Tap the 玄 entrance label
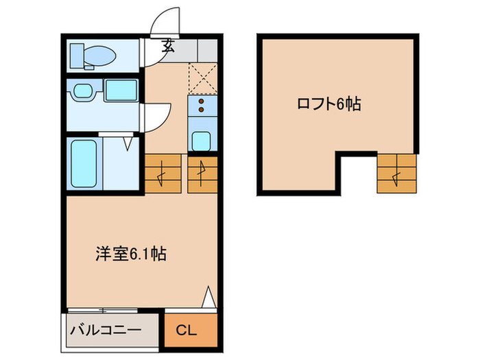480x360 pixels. tap(169, 47)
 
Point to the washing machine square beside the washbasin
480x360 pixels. tap(122, 91)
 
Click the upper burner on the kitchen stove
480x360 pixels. tap(202, 100)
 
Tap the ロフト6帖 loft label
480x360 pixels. tap(328, 104)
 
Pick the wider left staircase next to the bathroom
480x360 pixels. tap(164, 174)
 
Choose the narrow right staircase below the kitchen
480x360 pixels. tap(202, 174)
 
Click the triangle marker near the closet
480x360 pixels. tap(210, 298)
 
